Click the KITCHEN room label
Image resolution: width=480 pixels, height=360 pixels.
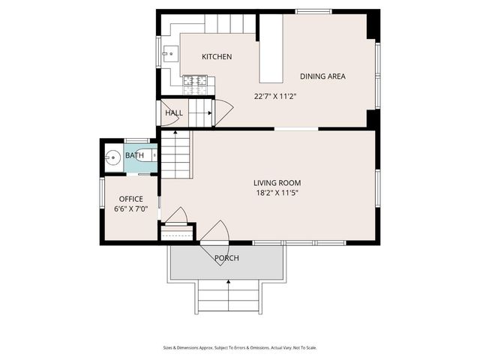pos(217,57)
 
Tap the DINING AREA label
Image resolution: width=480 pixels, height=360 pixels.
pos(322,76)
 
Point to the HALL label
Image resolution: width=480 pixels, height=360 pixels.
pos(174,113)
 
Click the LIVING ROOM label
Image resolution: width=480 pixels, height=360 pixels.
pos(277,183)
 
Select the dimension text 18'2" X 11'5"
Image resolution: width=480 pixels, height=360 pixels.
pos(277,193)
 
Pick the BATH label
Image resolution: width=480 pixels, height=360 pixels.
pos(135,156)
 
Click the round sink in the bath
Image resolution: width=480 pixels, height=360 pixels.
pos(114,157)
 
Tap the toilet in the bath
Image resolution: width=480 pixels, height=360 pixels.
pos(152,156)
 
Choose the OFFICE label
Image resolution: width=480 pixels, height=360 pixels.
pos(129,199)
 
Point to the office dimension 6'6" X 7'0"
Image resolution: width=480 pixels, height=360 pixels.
pos(130,209)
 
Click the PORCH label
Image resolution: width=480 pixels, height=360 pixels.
pos(226,259)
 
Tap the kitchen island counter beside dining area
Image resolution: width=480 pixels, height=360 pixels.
pos(271,49)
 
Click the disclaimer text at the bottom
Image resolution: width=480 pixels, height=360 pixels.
pos(240,347)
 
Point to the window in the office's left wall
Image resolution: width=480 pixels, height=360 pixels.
pos(102,197)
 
